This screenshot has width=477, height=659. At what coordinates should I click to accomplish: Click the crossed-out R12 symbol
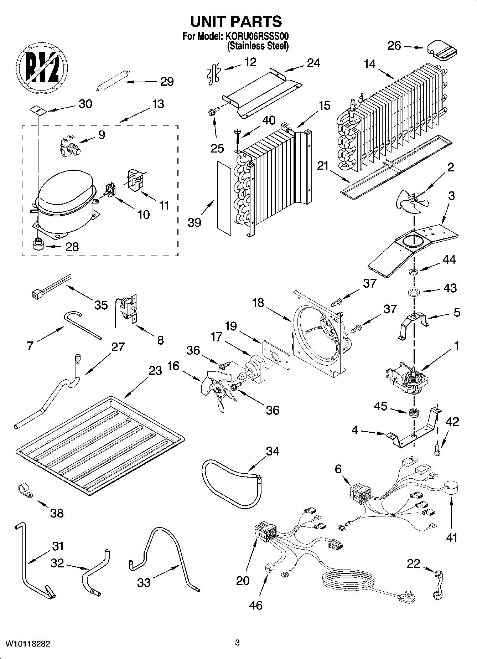click(x=42, y=68)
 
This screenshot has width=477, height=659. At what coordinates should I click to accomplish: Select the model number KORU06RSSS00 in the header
click(x=256, y=37)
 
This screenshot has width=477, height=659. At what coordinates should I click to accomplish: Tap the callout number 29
click(x=166, y=82)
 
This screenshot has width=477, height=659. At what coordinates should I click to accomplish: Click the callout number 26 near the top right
click(x=394, y=46)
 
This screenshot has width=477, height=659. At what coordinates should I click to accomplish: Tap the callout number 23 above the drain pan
click(x=155, y=371)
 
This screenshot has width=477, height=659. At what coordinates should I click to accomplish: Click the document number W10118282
click(x=27, y=644)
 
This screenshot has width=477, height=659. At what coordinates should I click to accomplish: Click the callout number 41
click(x=451, y=537)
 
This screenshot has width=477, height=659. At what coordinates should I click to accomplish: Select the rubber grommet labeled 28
click(x=38, y=245)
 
